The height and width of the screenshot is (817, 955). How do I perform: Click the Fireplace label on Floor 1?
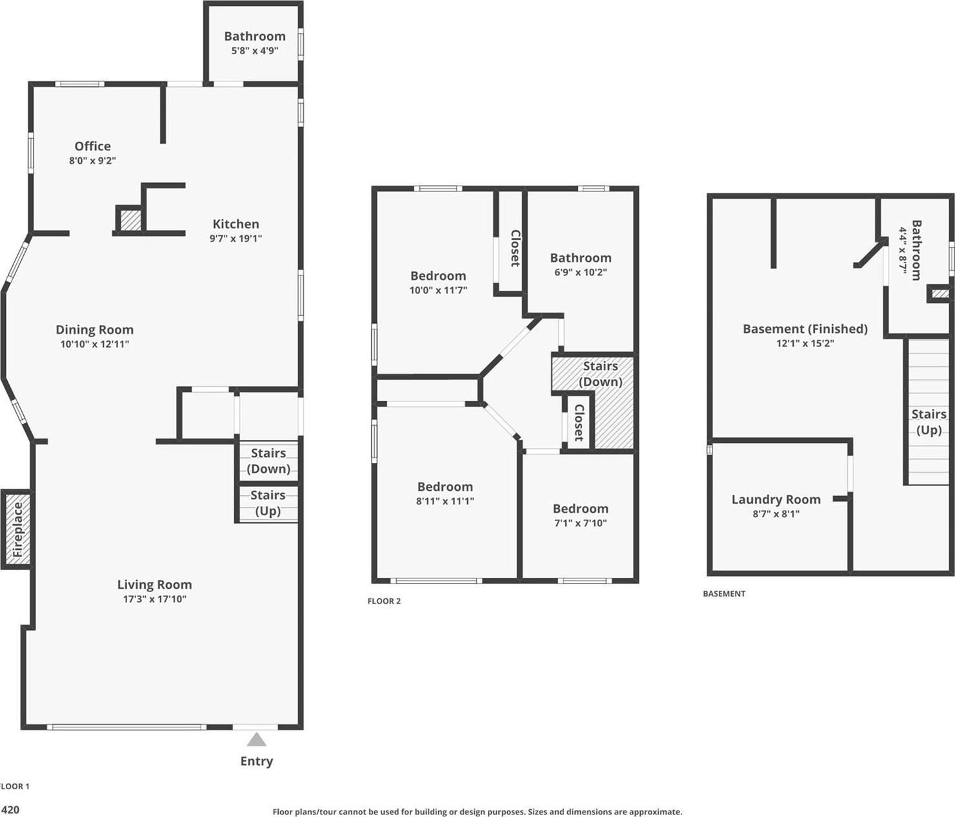(17, 529)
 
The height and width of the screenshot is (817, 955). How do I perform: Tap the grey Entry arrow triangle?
(256, 739)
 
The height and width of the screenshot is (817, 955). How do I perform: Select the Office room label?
(92, 146)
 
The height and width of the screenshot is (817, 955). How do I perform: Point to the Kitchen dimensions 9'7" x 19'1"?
(236, 239)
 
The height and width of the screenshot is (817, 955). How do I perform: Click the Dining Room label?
(94, 330)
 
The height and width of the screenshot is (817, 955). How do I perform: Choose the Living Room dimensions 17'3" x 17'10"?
(154, 599)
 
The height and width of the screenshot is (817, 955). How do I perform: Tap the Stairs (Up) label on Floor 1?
(268, 503)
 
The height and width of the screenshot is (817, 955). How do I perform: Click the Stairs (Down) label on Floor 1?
(268, 461)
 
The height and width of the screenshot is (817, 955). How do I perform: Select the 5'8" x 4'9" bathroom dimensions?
(255, 50)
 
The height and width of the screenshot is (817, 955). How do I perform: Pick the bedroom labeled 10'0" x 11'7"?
(438, 282)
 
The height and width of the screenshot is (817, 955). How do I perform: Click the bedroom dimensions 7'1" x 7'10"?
(580, 523)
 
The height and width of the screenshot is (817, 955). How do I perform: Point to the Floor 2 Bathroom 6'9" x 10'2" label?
(580, 264)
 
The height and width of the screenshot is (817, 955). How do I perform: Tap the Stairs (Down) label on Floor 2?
(600, 374)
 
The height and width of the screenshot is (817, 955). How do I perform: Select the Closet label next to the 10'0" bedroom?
(515, 248)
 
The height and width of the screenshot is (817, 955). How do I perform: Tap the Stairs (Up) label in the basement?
(929, 422)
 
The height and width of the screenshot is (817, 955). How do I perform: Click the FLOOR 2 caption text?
(384, 601)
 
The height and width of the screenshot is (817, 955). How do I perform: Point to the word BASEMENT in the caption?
(724, 594)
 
